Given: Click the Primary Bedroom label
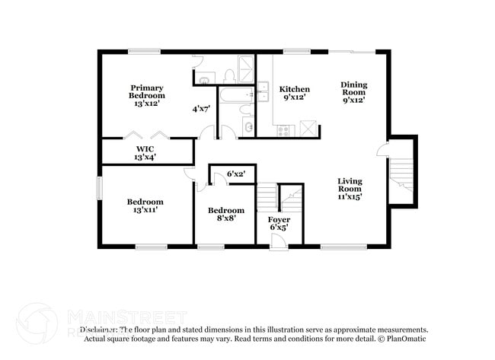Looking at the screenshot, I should pyautogui.click(x=146, y=95).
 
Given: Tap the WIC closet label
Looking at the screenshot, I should pyautogui.click(x=145, y=152).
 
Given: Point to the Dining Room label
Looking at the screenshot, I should pyautogui.click(x=353, y=92).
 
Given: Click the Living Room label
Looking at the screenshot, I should pyautogui.click(x=350, y=188).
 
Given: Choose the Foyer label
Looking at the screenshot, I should pyautogui.click(x=279, y=223).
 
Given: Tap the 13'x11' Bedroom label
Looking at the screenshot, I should pyautogui.click(x=144, y=205).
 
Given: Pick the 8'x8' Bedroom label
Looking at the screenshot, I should pyautogui.click(x=226, y=214).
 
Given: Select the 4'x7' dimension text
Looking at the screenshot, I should pyautogui.click(x=202, y=109).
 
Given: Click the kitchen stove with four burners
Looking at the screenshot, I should pyautogui.click(x=283, y=130).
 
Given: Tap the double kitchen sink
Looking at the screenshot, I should pyautogui.click(x=263, y=92).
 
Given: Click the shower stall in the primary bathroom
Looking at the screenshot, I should pyautogui.click(x=246, y=69).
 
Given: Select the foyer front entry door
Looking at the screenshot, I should pyautogui.click(x=279, y=241).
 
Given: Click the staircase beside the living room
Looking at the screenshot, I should pyautogui.click(x=401, y=174).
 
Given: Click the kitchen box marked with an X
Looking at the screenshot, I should pyautogui.click(x=308, y=129).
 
